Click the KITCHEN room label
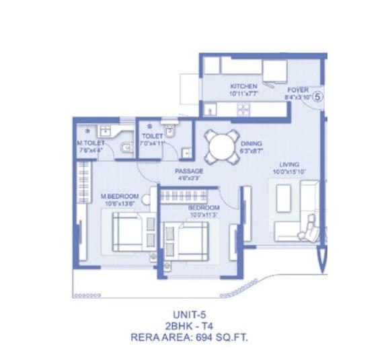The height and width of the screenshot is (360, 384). [x=243, y=87]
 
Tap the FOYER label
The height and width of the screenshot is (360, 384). [x=297, y=89]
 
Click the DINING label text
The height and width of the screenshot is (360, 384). [x=251, y=144]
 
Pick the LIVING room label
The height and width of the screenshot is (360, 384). [x=289, y=164]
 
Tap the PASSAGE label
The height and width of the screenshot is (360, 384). [x=189, y=171]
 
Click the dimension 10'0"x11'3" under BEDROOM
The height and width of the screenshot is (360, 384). [x=203, y=215]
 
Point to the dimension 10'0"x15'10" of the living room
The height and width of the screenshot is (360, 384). [x=289, y=172]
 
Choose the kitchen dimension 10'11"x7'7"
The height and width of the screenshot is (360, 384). [x=243, y=94]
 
